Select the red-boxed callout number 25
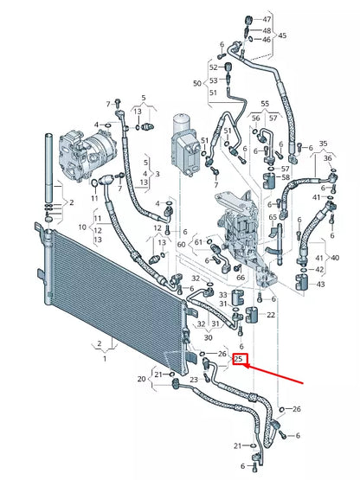tap(239, 359)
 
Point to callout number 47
tap(267, 19)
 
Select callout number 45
tap(282, 36)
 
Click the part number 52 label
tap(213, 67)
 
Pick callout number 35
tap(324, 144)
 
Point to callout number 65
tap(273, 217)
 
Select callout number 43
tap(321, 285)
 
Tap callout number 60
tap(182, 245)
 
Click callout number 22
tap(270, 314)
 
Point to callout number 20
tap(142, 379)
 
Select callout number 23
tap(194, 380)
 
